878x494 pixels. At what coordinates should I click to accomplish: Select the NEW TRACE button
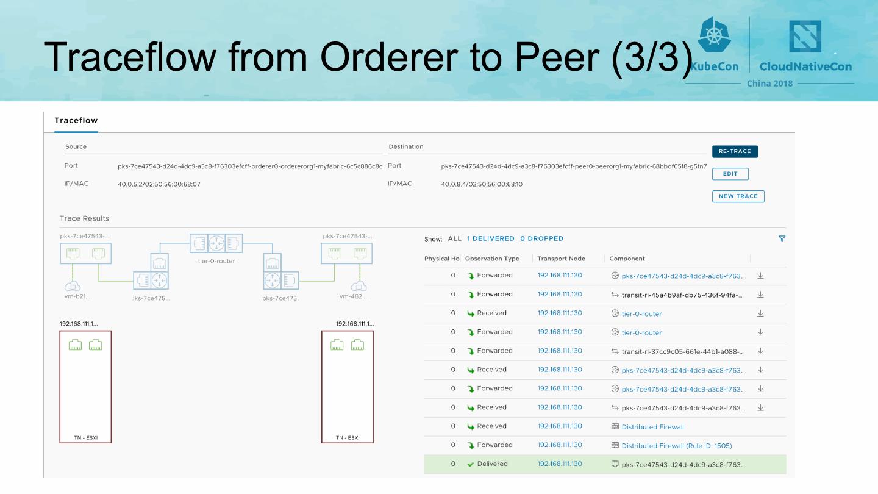click(738, 196)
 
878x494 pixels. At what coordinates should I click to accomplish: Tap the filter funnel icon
click(782, 238)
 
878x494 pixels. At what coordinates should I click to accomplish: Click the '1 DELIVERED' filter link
click(491, 238)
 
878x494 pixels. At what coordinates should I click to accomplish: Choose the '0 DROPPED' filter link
click(541, 238)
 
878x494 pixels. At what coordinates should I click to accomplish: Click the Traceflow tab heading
click(76, 121)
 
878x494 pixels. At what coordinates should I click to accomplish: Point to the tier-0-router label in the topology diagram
click(216, 261)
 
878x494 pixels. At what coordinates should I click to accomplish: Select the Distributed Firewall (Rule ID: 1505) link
click(677, 446)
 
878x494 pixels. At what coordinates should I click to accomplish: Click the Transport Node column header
click(561, 259)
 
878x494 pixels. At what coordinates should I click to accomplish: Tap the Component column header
click(627, 259)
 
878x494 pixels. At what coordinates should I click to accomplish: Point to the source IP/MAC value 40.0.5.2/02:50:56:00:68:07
click(159, 184)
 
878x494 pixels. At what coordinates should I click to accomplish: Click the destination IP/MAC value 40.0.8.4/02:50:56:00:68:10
click(482, 184)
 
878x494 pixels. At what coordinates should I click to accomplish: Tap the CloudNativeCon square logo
click(805, 37)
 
